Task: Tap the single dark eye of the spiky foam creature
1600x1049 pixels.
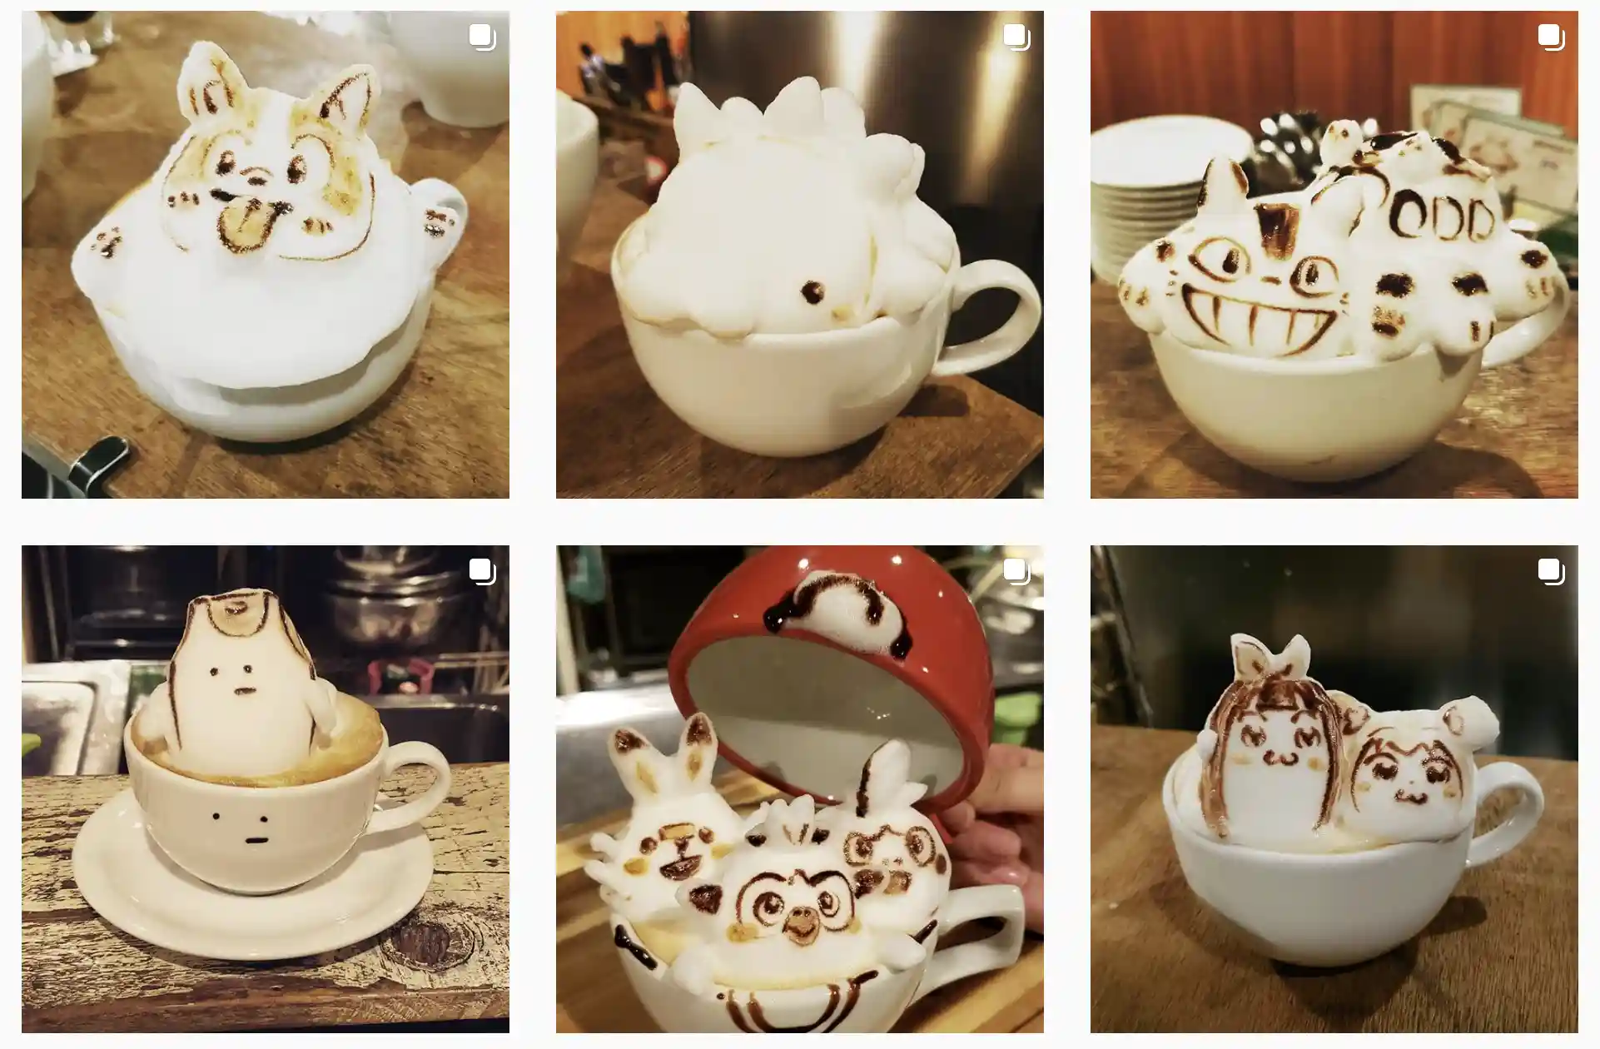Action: [x=812, y=291]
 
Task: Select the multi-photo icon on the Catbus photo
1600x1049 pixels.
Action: [x=1551, y=37]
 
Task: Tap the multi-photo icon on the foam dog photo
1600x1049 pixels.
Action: [x=482, y=37]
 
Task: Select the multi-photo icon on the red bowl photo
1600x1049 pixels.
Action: [x=1016, y=572]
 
